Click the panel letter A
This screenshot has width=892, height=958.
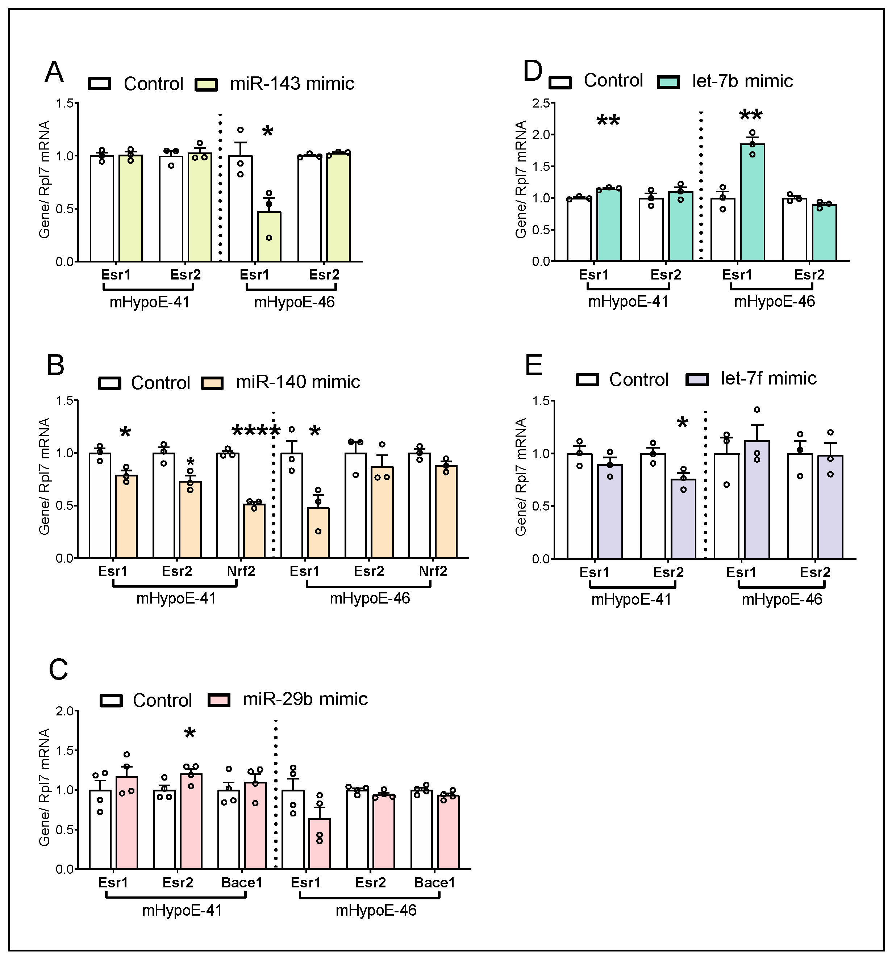(54, 73)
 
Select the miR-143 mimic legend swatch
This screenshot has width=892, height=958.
(207, 84)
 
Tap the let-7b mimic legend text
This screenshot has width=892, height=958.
(742, 81)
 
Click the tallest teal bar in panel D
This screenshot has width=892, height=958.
(752, 202)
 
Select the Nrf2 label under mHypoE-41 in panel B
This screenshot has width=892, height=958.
(241, 572)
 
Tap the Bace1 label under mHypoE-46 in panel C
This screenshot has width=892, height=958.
(434, 883)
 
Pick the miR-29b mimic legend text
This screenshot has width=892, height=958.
(305, 699)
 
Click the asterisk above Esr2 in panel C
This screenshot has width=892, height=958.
(189, 734)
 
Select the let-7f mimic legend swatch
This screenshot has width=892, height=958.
(697, 380)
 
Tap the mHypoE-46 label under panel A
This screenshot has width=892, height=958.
(294, 303)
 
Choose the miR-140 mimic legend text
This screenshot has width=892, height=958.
(297, 382)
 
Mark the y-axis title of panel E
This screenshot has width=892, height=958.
(521, 477)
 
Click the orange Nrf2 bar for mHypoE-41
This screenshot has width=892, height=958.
(254, 531)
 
